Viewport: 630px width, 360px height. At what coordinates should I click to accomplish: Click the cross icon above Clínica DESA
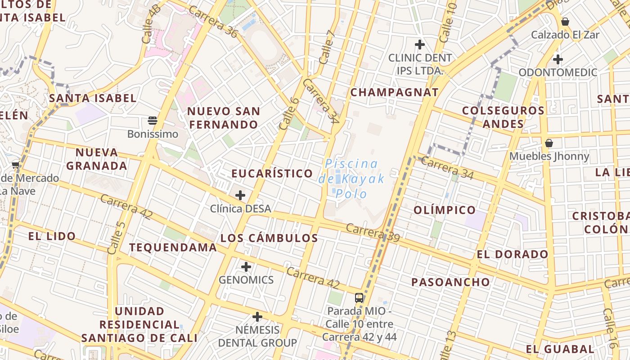(x=240, y=195)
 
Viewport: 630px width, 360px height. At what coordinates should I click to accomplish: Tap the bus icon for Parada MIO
(x=359, y=297)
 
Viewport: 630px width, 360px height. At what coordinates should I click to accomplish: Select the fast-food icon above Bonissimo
(x=153, y=120)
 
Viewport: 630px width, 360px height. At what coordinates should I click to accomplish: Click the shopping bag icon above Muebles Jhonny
(x=549, y=143)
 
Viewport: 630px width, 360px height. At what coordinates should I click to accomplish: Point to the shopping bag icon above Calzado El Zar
(x=565, y=21)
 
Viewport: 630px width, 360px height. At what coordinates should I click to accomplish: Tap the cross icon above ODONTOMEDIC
(x=558, y=59)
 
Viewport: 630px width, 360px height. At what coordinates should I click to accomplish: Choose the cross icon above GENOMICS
(x=246, y=267)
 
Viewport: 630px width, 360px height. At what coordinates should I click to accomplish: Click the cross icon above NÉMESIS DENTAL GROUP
(x=257, y=317)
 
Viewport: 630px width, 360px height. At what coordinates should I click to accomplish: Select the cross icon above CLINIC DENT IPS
(x=420, y=44)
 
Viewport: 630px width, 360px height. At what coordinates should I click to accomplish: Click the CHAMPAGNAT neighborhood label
(x=394, y=93)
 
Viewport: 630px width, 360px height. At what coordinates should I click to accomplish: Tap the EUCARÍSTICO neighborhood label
(x=272, y=174)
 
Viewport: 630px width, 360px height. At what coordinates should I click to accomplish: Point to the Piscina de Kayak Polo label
(x=351, y=179)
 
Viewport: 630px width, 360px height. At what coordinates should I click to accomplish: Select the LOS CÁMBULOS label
(x=269, y=238)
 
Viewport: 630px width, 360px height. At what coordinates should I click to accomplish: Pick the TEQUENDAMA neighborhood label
(x=173, y=247)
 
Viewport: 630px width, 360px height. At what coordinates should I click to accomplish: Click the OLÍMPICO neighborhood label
(x=444, y=210)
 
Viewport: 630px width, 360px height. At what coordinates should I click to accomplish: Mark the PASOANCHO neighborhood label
(x=450, y=282)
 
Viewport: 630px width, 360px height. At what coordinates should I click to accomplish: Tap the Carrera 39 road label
(x=373, y=233)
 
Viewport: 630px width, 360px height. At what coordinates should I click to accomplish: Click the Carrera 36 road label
(x=212, y=22)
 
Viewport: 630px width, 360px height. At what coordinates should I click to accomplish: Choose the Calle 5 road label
(x=116, y=237)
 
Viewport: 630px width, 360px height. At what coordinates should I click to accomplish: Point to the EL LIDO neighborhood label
(x=52, y=236)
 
